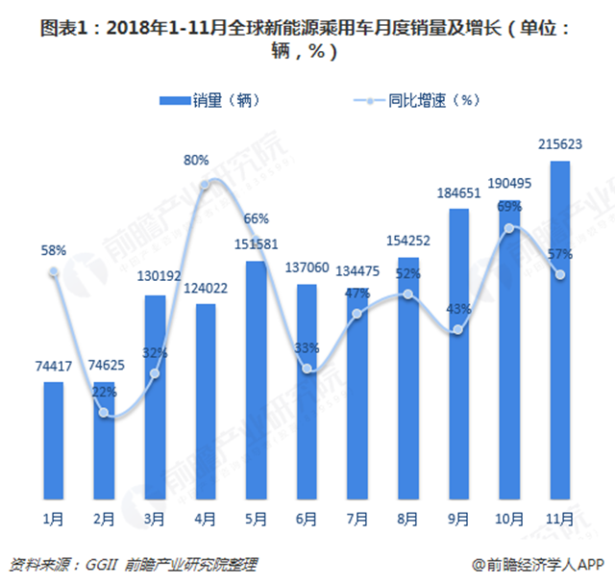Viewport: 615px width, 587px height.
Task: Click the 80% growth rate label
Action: point(197,159)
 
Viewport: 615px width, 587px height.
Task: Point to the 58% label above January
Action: point(54,250)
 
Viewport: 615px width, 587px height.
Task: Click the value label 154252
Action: point(408,240)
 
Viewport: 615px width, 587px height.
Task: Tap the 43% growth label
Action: point(458,309)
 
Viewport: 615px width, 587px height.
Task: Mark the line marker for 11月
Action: point(559,275)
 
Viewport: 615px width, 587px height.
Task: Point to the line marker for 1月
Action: point(54,272)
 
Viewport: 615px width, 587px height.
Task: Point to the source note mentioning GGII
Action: point(135,564)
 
